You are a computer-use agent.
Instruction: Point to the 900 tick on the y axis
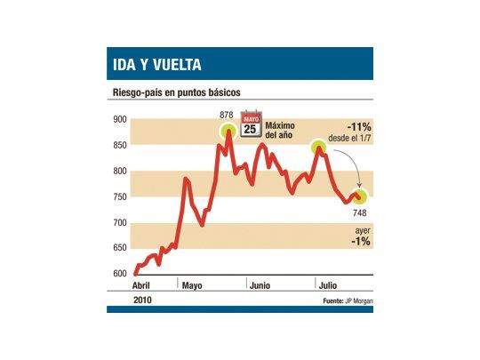[120, 120]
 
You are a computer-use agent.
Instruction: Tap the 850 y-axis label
[120, 146]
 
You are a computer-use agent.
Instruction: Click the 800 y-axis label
[120, 172]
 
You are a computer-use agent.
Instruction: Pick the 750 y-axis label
[120, 196]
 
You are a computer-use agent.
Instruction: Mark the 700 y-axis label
[120, 222]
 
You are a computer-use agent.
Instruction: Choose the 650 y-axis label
[120, 248]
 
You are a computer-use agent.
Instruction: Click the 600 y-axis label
[120, 274]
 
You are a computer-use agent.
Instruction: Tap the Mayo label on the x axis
[193, 285]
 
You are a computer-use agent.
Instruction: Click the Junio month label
[261, 285]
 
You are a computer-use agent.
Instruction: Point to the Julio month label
[328, 285]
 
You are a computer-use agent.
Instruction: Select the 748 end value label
[360, 212]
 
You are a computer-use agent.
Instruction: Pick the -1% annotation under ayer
[360, 241]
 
